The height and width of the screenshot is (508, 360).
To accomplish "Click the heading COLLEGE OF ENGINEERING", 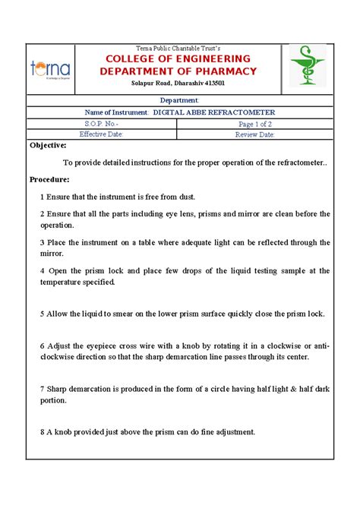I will (x=178, y=59).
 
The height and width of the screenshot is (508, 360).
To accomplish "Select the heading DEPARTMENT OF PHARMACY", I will (x=178, y=72).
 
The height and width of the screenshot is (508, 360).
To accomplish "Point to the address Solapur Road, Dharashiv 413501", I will (x=178, y=84).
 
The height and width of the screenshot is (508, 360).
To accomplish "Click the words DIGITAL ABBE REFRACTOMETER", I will (x=214, y=112).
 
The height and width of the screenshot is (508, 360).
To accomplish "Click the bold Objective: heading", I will (x=48, y=145).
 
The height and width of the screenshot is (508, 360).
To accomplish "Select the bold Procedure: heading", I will (x=49, y=179).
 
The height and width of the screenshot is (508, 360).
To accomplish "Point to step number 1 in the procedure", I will (x=43, y=197).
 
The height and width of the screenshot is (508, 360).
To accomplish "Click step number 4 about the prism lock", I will (x=43, y=270).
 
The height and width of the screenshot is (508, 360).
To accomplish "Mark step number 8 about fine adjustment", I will (x=43, y=431).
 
